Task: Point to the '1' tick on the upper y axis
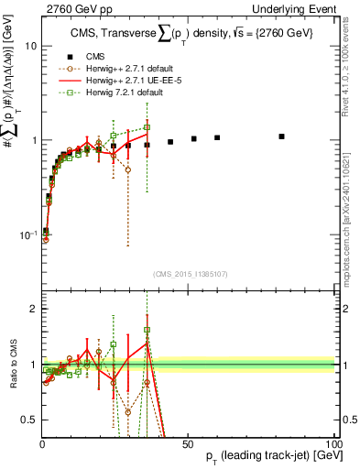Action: [33, 141]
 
